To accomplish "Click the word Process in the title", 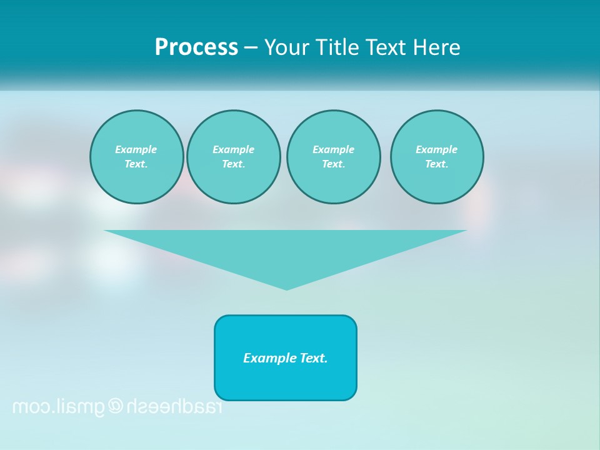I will click(196, 47).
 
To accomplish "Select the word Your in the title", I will click(288, 47).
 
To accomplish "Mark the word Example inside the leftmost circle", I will click(136, 149).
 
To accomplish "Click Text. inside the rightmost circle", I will click(437, 164).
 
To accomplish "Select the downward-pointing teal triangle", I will click(286, 250).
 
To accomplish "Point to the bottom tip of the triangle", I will click(286, 288).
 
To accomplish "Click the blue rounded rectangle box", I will click(286, 381).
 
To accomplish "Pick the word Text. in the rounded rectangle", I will click(314, 358).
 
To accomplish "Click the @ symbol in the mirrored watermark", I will click(116, 406).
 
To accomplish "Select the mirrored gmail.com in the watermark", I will click(59, 407).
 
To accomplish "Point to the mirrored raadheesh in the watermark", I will click(174, 406).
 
